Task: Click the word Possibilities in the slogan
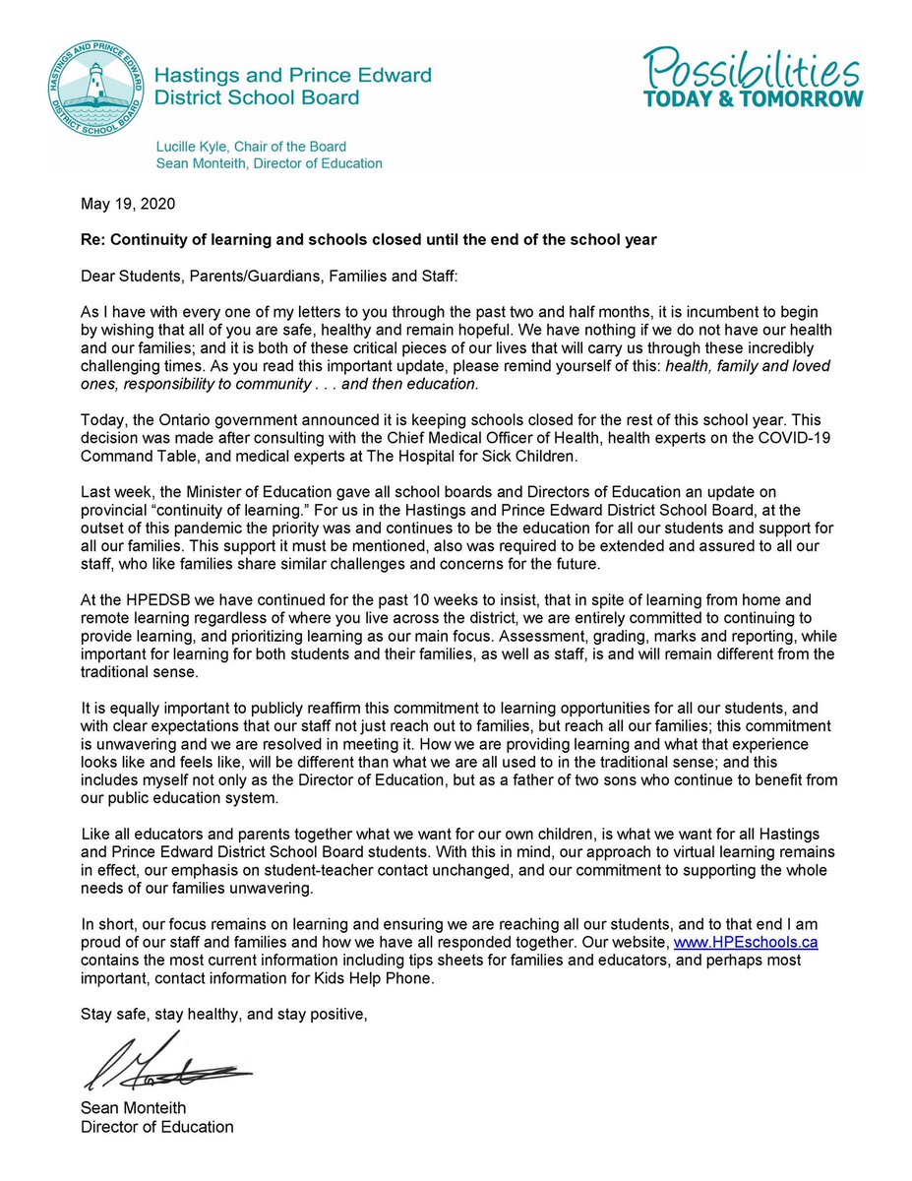coord(753,68)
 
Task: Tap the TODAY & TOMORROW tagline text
coord(753,99)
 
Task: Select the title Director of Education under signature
coord(157,1127)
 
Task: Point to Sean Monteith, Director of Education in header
coord(270,163)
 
